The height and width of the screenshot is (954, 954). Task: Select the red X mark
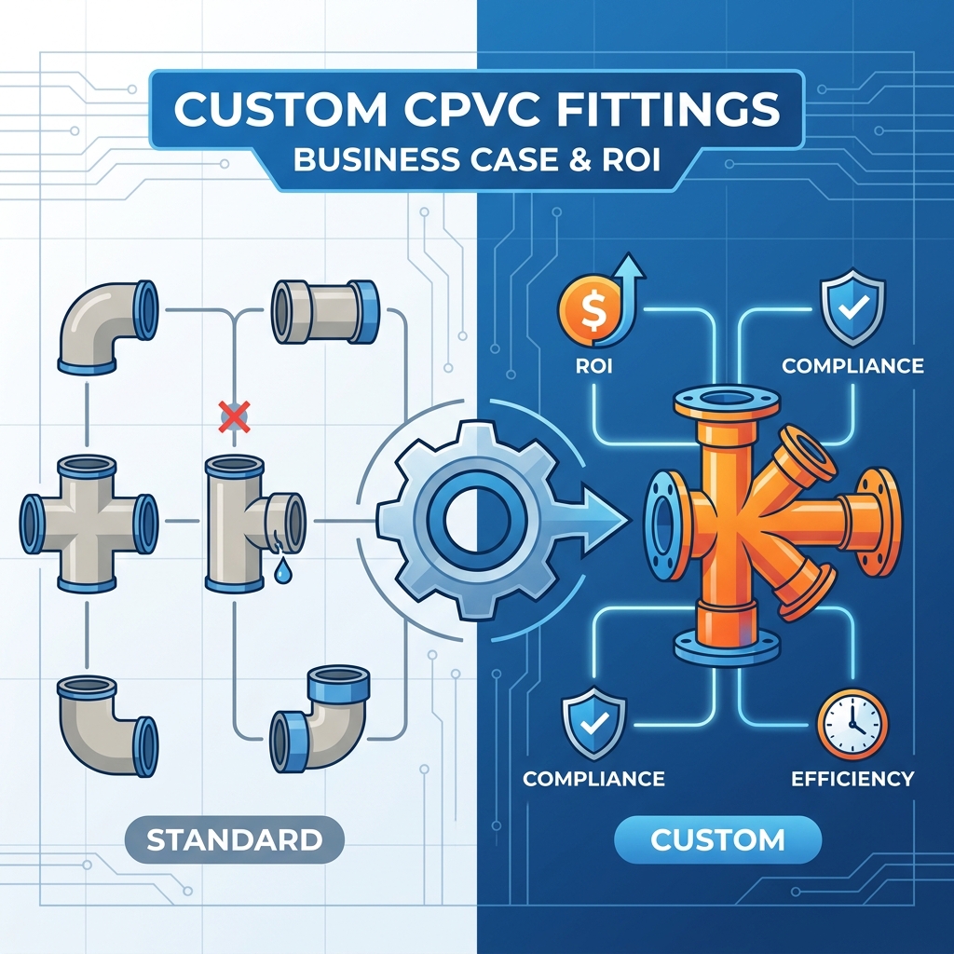click(234, 416)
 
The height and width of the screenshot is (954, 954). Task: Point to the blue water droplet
click(282, 571)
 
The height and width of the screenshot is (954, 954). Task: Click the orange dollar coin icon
click(589, 310)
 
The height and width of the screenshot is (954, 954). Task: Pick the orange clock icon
click(852, 724)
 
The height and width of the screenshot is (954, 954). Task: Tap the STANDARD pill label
click(234, 839)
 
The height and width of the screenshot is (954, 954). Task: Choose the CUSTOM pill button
click(718, 839)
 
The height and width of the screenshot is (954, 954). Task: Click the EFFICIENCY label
click(852, 779)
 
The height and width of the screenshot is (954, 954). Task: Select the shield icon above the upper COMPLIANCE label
click(853, 308)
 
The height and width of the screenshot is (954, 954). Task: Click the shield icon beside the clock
click(593, 724)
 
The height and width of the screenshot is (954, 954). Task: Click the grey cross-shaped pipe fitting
click(89, 524)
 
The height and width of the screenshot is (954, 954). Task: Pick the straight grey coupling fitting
click(325, 311)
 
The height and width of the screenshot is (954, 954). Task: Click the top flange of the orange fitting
click(727, 402)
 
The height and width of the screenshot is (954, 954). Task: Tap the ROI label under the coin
click(593, 365)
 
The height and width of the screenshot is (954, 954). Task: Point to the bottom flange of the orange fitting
click(727, 647)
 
